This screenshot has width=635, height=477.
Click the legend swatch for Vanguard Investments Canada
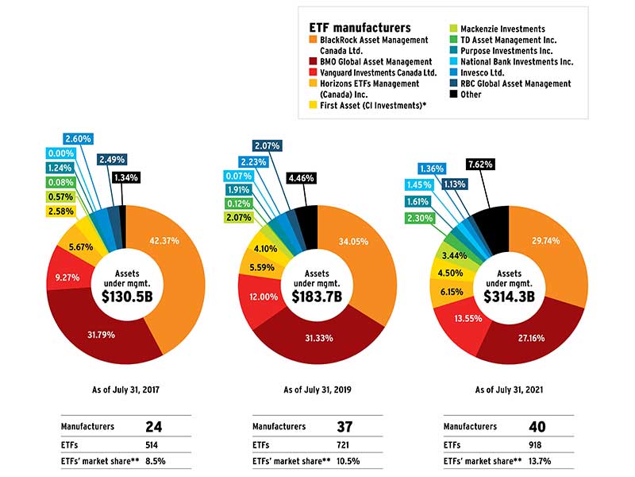coord(313,72)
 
